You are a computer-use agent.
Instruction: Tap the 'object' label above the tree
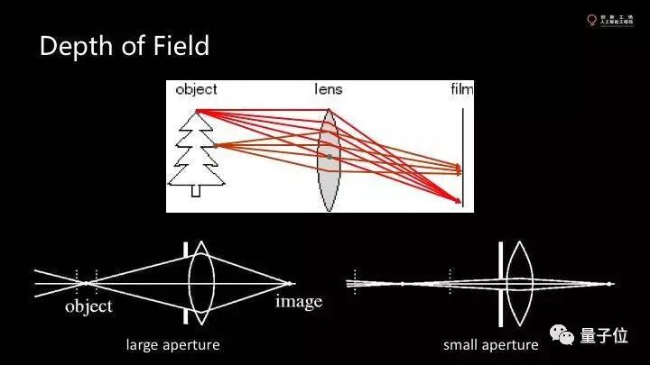[x=196, y=89]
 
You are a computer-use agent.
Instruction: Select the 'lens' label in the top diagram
[x=328, y=89]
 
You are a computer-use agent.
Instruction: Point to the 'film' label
[x=461, y=89]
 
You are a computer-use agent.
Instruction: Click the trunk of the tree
[x=196, y=189]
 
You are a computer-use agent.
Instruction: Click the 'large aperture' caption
[x=172, y=345]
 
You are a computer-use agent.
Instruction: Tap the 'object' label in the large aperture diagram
[x=88, y=307]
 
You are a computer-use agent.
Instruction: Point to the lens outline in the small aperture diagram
[x=517, y=283]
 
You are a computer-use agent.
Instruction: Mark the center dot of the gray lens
[x=330, y=156]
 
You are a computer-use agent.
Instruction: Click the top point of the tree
[x=197, y=111]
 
